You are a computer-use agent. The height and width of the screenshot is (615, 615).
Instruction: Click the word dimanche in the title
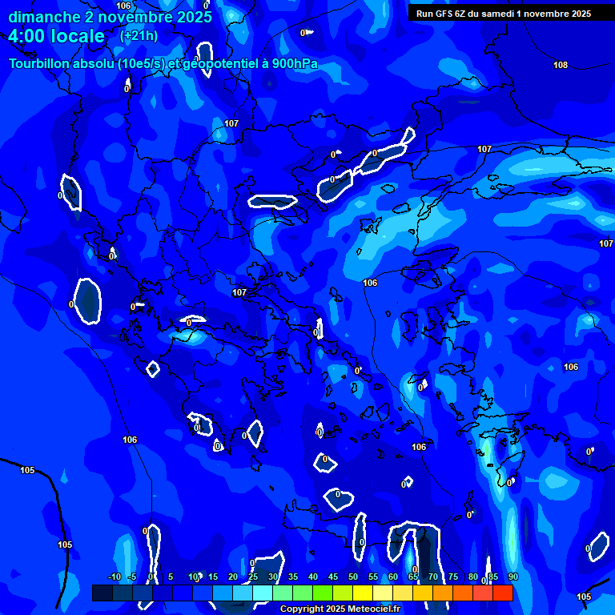tap(45, 17)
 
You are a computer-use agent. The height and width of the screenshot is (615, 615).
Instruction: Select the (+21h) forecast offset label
tap(139, 36)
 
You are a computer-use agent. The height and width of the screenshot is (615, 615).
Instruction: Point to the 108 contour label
tap(561, 65)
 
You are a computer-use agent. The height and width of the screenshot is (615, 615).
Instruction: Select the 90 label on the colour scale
tap(512, 577)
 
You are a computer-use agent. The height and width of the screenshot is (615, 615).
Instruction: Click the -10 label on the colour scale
tap(115, 577)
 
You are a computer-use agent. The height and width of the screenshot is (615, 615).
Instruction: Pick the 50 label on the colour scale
tap(353, 577)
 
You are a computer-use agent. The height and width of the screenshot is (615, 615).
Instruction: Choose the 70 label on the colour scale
tap(433, 577)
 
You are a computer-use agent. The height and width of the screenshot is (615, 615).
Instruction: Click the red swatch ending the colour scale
tap(502, 593)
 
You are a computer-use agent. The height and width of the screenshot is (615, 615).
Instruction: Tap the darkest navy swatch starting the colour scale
tap(102, 593)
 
